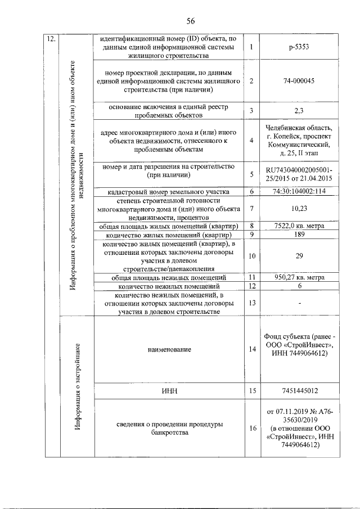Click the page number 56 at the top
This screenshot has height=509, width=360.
(x=190, y=21)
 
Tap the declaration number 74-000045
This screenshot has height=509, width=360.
(x=299, y=81)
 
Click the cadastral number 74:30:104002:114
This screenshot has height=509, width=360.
(x=299, y=191)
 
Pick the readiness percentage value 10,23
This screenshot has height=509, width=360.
(x=299, y=209)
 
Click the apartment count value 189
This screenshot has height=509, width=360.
(x=299, y=234)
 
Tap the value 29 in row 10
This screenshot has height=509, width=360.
(x=299, y=256)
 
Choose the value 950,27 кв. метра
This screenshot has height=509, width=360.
(x=299, y=277)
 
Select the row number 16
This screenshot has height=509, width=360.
(x=252, y=429)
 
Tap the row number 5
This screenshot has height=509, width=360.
(x=252, y=174)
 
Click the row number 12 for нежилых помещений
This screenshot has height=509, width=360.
(x=252, y=286)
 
